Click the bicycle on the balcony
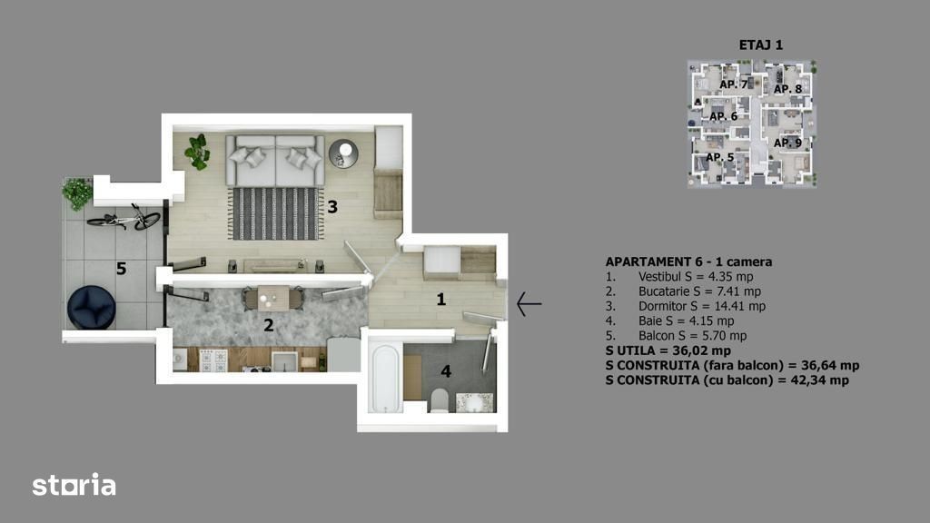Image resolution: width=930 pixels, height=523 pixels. tap(124, 218)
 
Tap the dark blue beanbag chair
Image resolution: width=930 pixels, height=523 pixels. tap(92, 307)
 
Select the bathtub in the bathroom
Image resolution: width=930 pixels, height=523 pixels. tap(384, 378)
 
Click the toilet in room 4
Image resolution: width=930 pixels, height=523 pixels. tap(440, 400)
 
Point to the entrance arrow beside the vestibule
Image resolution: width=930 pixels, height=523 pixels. tap(529, 303)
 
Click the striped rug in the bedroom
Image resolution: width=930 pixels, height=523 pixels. tap(275, 213)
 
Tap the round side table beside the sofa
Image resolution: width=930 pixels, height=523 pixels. tap(343, 153)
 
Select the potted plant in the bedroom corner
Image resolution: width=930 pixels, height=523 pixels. tap(197, 152)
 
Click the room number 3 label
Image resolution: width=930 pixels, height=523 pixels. tap(332, 206)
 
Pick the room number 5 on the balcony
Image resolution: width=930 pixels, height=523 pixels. tap(121, 269)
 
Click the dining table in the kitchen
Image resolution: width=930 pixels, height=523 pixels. tap(273, 298)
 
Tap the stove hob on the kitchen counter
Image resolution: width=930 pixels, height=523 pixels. tap(213, 360)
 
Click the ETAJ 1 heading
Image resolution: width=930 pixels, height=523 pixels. tap(761, 45)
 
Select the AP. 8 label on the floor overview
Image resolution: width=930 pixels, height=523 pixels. tap(787, 89)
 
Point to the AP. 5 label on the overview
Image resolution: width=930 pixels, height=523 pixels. tap(720, 157)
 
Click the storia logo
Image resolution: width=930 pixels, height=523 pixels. tap(74, 485)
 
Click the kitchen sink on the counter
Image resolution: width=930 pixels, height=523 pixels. tap(284, 361)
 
